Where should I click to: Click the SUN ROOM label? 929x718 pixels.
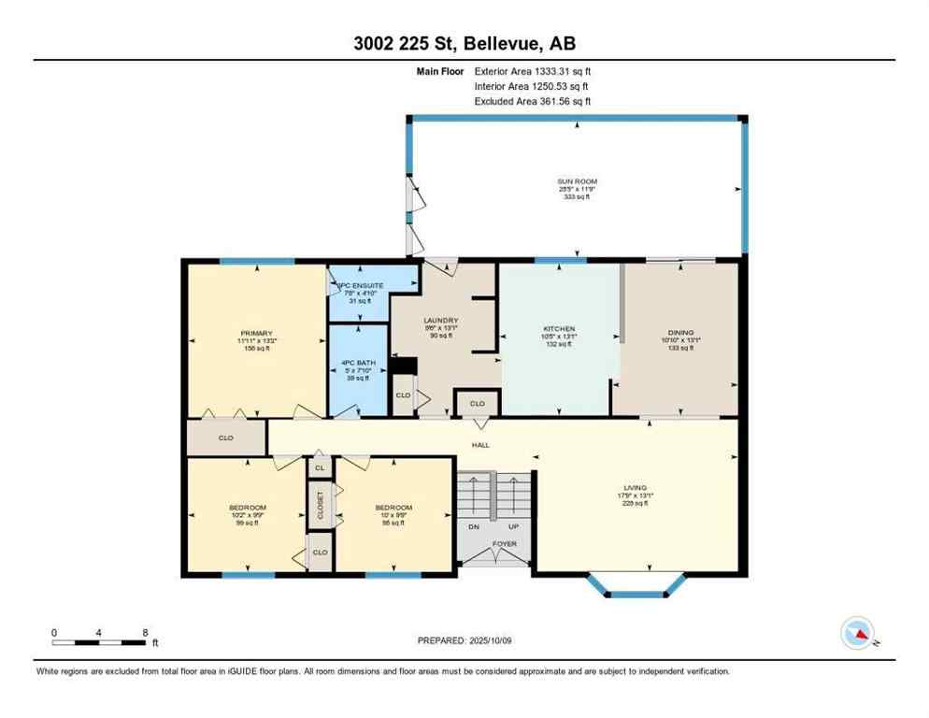coord(577,181)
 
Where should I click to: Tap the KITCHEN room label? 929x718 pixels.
coord(559,329)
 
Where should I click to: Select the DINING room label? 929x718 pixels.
coord(680,332)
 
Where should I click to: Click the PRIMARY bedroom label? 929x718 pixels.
coord(255,334)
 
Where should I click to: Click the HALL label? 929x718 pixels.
coord(480,445)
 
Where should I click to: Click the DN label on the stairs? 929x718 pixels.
coord(474,527)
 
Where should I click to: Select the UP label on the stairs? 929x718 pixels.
coord(513,527)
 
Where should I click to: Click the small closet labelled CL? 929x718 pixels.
coord(320,467)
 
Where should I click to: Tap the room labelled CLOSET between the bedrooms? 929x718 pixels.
coord(320,505)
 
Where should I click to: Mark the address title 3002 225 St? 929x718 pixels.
coord(464,44)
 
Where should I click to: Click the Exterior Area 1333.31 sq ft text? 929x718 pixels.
coord(533,70)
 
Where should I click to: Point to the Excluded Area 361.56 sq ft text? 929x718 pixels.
coord(533,101)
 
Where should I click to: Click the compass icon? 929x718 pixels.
coord(859,634)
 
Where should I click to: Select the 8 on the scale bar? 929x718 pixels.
coord(144,632)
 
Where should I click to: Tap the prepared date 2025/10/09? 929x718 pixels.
coord(464,640)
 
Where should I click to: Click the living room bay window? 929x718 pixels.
coord(638,585)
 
